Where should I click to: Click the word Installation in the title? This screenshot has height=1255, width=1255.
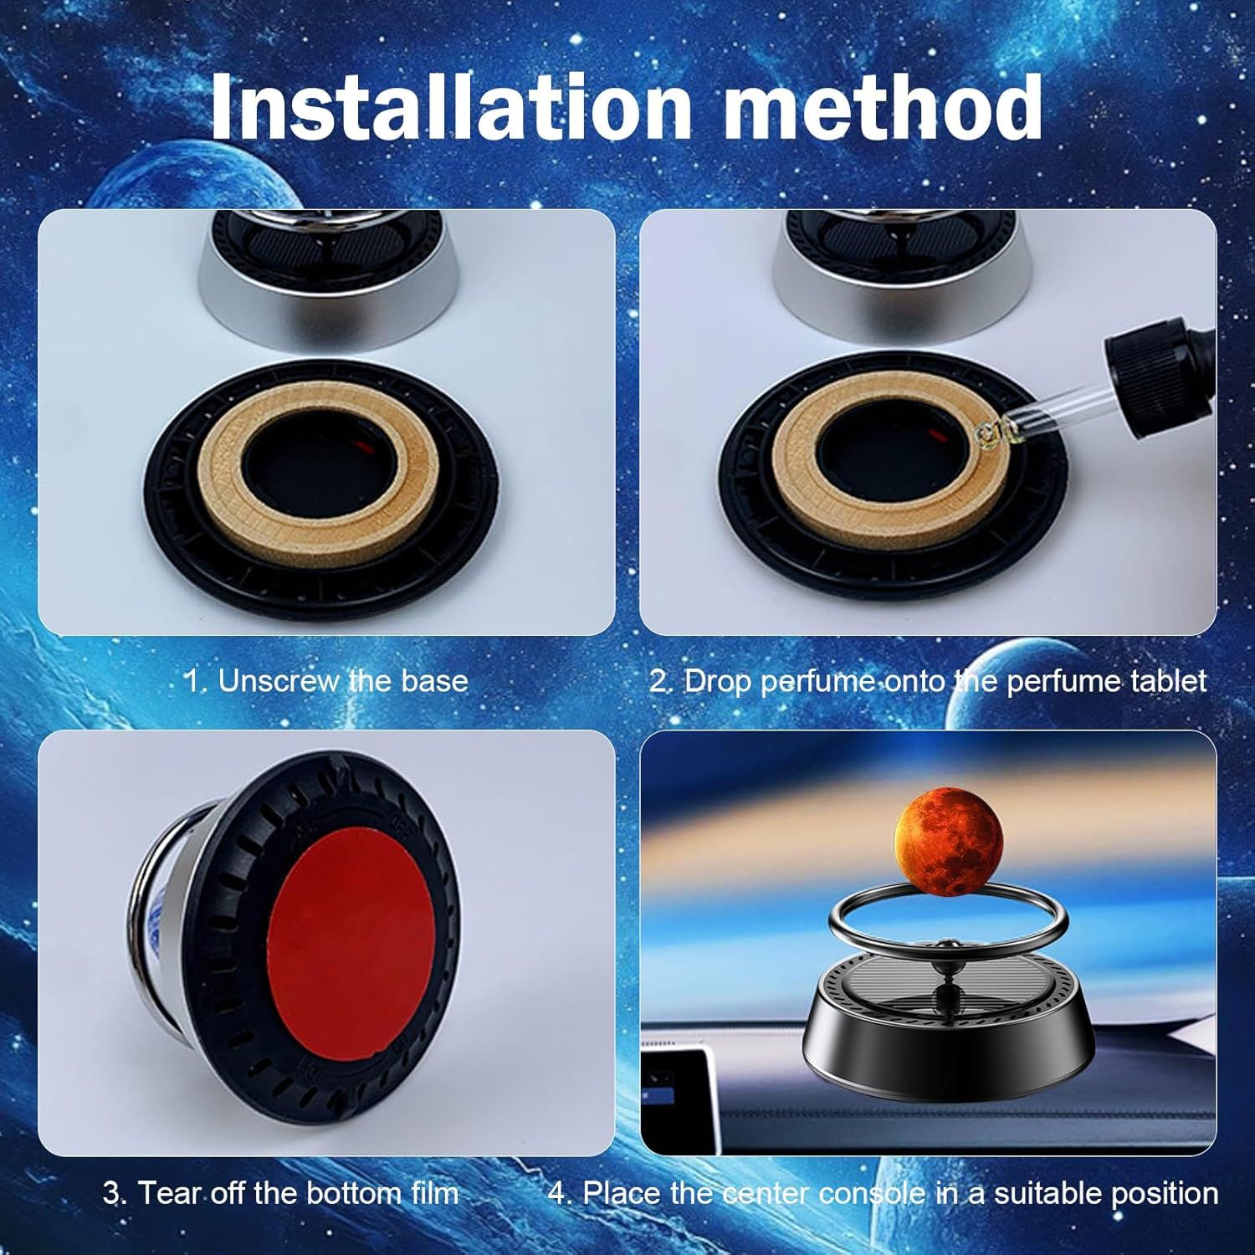(450, 106)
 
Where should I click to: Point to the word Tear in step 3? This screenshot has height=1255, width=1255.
(167, 1192)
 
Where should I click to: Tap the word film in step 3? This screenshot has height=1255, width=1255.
(429, 1192)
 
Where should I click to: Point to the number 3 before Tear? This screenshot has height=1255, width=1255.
(111, 1192)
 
